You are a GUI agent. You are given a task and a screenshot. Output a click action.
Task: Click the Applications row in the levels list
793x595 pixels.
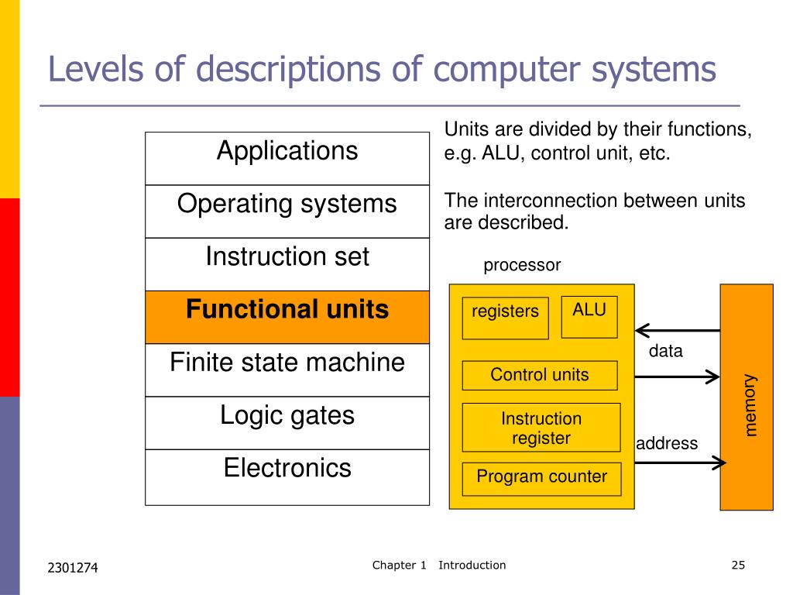(287, 158)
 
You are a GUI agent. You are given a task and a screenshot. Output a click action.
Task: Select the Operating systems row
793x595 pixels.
(287, 211)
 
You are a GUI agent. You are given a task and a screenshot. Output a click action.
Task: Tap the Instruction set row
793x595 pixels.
(287, 263)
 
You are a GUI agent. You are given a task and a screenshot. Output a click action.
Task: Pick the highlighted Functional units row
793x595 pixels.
(287, 317)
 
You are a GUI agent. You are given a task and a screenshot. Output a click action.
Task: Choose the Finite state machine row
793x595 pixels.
(287, 370)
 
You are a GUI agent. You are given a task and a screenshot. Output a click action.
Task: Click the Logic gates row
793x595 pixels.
(287, 422)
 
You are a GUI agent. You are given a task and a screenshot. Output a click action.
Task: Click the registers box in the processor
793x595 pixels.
(505, 318)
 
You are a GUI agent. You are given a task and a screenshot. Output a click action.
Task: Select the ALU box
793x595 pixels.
(589, 317)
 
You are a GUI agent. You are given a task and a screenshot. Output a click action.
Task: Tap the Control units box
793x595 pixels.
(540, 375)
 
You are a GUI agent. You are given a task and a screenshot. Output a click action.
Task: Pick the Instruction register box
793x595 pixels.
(541, 427)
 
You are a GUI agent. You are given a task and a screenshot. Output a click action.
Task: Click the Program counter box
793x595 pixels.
(541, 478)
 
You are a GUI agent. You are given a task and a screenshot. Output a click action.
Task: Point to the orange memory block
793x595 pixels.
(747, 397)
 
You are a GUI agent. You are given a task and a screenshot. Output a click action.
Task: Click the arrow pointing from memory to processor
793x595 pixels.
(677, 330)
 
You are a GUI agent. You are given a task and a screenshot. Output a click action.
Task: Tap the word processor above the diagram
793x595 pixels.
(521, 265)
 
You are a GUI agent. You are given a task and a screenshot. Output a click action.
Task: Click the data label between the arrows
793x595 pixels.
(666, 351)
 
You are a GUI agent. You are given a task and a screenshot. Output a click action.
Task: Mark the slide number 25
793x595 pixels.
(737, 565)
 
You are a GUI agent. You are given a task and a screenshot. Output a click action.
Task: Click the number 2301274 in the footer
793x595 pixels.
(73, 569)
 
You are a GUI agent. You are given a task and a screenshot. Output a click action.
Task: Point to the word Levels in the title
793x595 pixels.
(93, 70)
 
